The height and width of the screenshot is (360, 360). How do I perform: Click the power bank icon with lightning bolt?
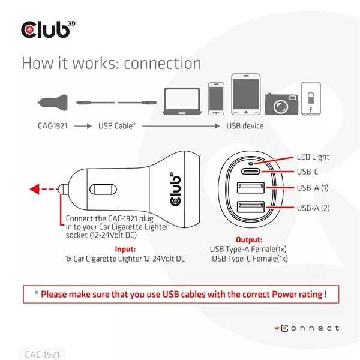tap(310, 98)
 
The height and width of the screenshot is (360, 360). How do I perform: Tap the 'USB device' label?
tap(245, 126)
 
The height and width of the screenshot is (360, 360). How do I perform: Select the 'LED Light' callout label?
tap(313, 157)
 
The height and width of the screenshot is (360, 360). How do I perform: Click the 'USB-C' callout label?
tap(307, 172)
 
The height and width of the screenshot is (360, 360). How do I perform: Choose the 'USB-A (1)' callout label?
tap(313, 188)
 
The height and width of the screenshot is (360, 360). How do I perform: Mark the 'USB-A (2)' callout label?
tap(313, 208)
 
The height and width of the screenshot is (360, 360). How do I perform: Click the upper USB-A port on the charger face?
tap(248, 189)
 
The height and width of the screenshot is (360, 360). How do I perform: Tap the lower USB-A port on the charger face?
tap(248, 209)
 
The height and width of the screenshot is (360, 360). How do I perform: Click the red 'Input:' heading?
tap(125, 249)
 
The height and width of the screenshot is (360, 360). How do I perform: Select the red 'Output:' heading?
tap(249, 239)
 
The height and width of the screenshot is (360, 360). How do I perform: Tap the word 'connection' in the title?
tap(163, 63)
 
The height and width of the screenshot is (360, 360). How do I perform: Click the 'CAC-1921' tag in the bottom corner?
tap(43, 354)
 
